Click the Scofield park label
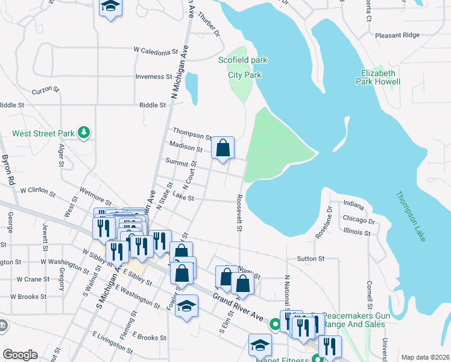243,60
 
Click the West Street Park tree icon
85,132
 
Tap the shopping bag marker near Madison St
222,148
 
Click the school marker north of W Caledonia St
110,7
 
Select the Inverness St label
154,77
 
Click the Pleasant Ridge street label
397,35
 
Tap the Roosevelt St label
239,212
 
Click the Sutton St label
311,258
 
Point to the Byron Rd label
8,170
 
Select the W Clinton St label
37,190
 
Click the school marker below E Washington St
188,306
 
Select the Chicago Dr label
359,221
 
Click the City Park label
245,75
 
